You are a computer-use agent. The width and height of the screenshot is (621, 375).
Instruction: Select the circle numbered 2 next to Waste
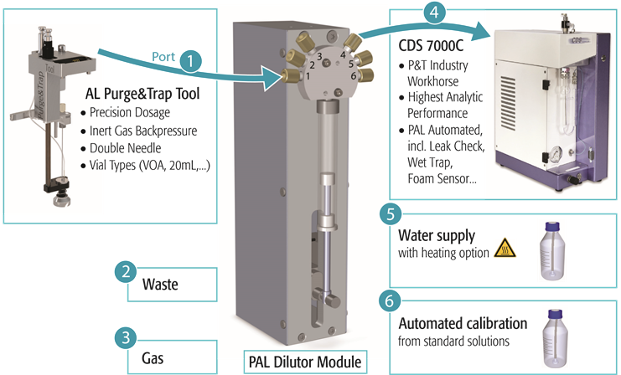pos(125,272)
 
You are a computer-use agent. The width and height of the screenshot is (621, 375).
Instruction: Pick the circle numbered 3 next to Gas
pos(125,339)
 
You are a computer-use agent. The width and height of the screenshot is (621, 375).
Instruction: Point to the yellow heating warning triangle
pos(505,248)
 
